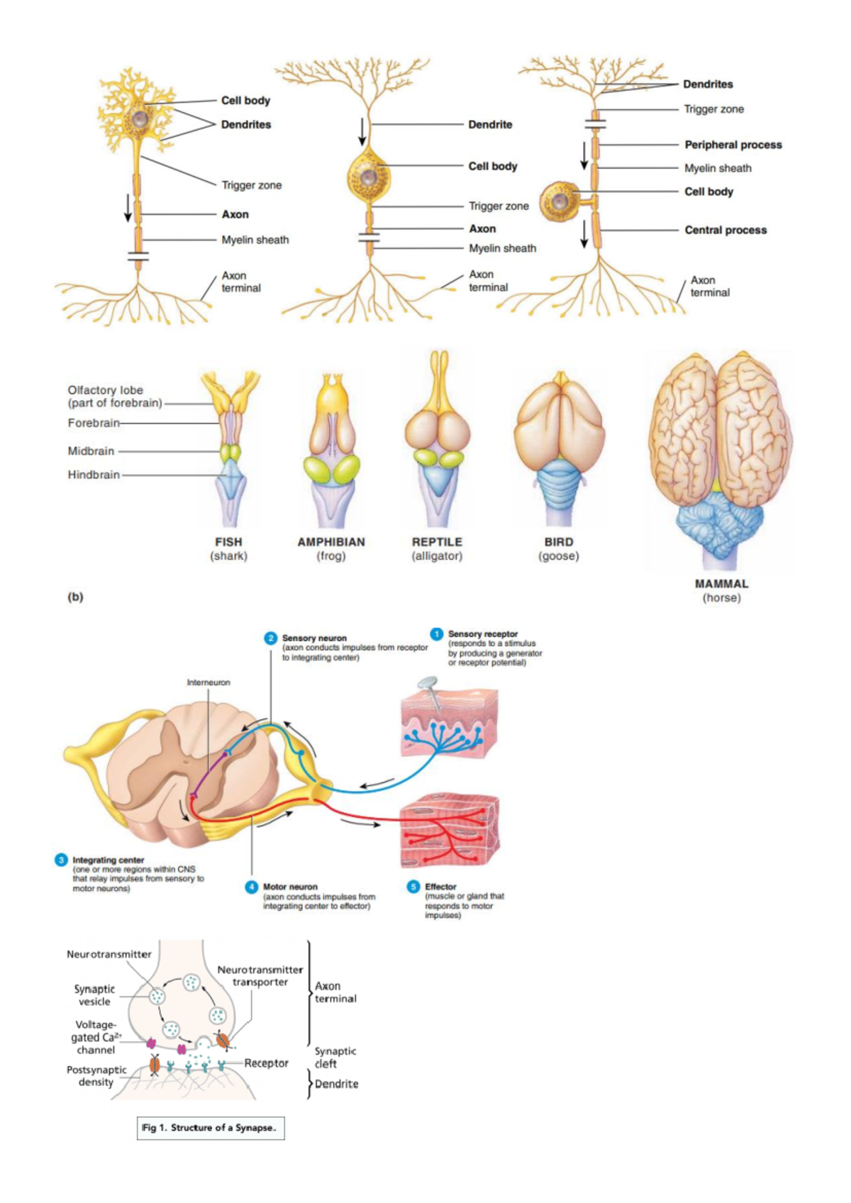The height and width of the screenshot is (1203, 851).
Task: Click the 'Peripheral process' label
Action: tap(733, 145)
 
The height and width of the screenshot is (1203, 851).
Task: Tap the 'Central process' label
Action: tap(725, 230)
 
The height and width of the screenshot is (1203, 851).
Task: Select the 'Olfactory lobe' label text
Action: tap(106, 390)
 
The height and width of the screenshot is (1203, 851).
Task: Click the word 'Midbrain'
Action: tap(91, 451)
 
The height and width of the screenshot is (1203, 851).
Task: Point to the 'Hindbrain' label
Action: tap(94, 475)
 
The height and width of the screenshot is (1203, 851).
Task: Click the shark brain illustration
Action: tap(230, 447)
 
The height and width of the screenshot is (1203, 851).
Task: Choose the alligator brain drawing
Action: tap(438, 440)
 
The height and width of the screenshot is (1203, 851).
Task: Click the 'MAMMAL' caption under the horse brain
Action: tap(721, 584)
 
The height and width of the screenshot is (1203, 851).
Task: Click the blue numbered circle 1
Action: tap(437, 633)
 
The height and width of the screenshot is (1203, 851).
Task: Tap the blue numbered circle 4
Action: tap(252, 887)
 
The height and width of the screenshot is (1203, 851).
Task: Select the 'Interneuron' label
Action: tap(208, 682)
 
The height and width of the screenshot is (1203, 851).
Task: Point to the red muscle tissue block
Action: tap(450, 830)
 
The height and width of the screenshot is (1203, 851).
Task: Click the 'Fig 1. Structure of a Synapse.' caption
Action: tap(210, 1128)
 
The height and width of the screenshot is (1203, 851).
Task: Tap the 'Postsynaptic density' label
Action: tap(96, 1076)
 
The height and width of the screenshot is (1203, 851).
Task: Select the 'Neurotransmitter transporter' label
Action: tap(260, 976)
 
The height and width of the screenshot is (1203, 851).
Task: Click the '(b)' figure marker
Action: tap(75, 597)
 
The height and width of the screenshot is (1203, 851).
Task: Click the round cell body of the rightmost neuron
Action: tap(559, 201)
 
